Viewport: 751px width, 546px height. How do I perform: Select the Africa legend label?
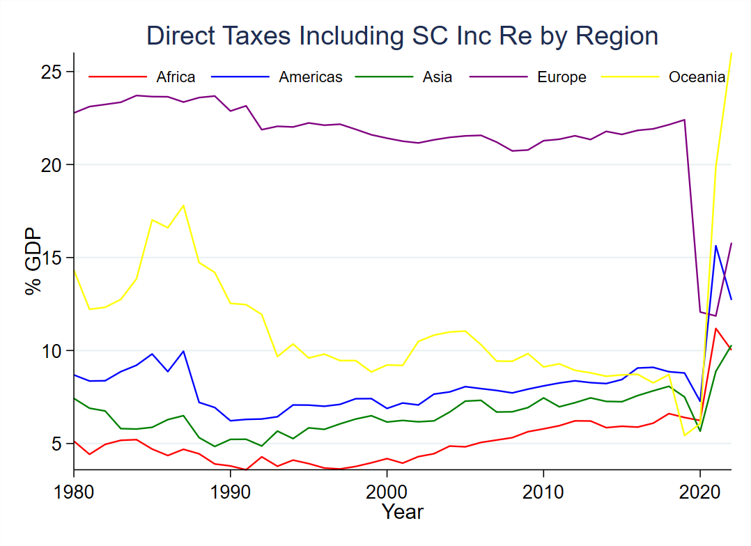point(176,77)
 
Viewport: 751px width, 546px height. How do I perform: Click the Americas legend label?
point(311,77)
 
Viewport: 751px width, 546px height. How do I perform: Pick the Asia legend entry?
point(437,77)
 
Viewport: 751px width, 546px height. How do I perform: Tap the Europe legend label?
point(562,77)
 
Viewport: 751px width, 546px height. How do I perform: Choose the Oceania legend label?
point(697,77)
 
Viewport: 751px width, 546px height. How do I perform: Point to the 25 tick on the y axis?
point(55,72)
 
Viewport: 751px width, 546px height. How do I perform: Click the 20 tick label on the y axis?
point(55,165)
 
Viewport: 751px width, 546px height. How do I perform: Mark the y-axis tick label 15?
point(55,258)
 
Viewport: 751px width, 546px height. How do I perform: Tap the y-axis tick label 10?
point(55,350)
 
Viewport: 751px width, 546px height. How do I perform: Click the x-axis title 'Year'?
point(403,513)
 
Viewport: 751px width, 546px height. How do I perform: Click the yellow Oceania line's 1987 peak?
point(183,205)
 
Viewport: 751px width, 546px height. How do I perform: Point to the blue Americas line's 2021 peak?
point(715,245)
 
